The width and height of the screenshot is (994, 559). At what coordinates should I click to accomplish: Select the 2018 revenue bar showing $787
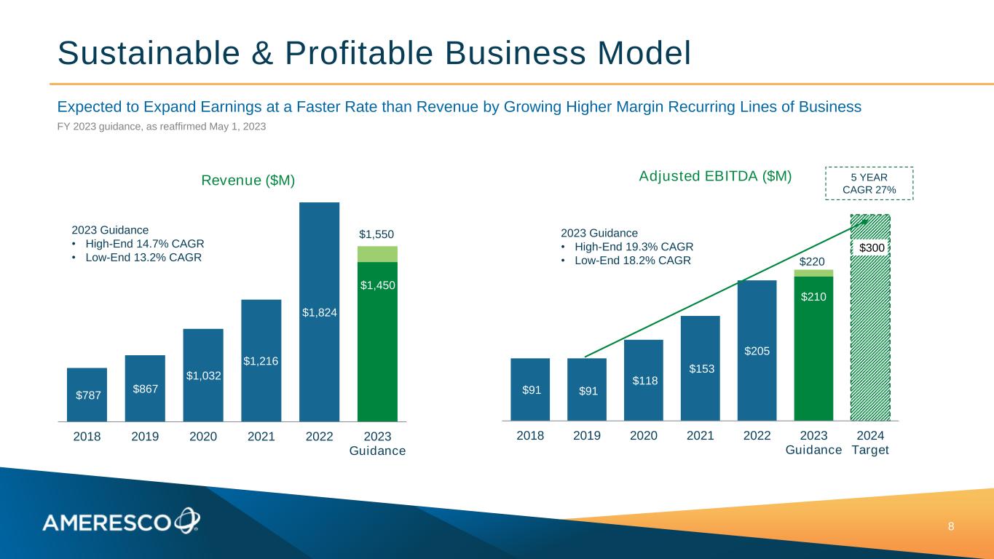tap(87, 395)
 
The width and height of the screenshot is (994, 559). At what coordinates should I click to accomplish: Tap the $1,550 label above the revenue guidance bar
tap(377, 235)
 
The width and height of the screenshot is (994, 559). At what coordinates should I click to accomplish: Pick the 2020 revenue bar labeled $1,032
tap(203, 375)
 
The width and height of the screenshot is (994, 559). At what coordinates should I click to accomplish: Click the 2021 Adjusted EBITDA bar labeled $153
tap(700, 368)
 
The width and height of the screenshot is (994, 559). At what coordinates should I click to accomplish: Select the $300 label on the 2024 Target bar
tap(872, 248)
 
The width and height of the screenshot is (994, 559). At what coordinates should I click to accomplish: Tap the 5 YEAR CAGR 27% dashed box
tap(869, 183)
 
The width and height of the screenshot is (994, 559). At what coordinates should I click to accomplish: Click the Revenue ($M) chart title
tap(248, 181)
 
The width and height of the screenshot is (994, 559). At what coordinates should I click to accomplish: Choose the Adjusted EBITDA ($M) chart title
tap(714, 176)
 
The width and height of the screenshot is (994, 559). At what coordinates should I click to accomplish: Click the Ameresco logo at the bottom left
tap(121, 521)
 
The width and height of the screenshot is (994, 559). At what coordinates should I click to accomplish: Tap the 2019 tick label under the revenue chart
tap(145, 437)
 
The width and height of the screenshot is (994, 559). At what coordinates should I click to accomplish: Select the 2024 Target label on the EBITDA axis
tap(870, 443)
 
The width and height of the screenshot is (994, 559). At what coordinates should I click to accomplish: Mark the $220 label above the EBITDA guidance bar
tap(813, 261)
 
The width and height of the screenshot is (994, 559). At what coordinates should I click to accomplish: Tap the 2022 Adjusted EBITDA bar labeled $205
tap(757, 351)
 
